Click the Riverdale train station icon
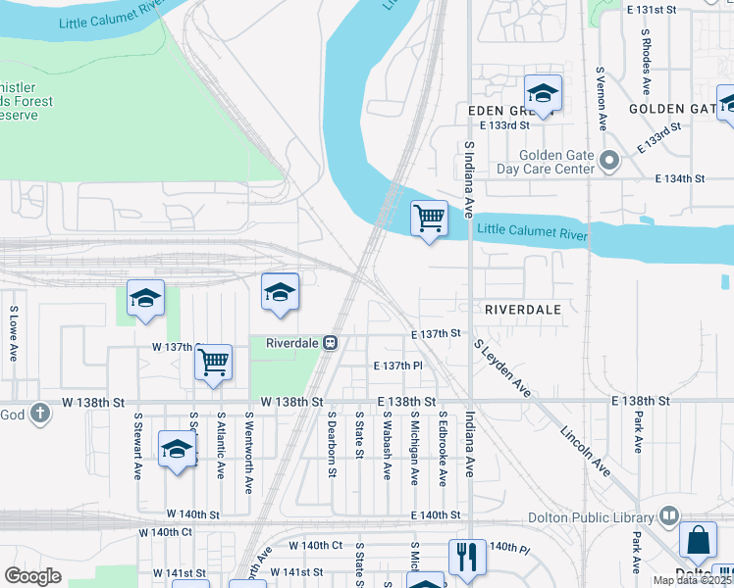click(x=332, y=343)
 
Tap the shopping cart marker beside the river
click(x=428, y=218)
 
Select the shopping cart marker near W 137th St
click(x=213, y=363)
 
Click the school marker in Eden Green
click(x=542, y=94)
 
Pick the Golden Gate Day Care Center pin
click(x=609, y=160)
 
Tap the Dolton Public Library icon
click(x=669, y=514)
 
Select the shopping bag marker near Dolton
click(x=698, y=540)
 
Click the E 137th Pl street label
click(x=396, y=366)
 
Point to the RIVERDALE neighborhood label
click(x=523, y=309)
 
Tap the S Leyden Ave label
click(x=501, y=369)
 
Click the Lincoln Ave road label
click(x=587, y=452)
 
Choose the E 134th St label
click(x=680, y=178)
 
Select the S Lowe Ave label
click(x=15, y=333)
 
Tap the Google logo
click(x=33, y=575)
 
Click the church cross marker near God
click(x=39, y=414)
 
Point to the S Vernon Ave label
click(x=600, y=97)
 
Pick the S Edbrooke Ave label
click(x=443, y=448)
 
